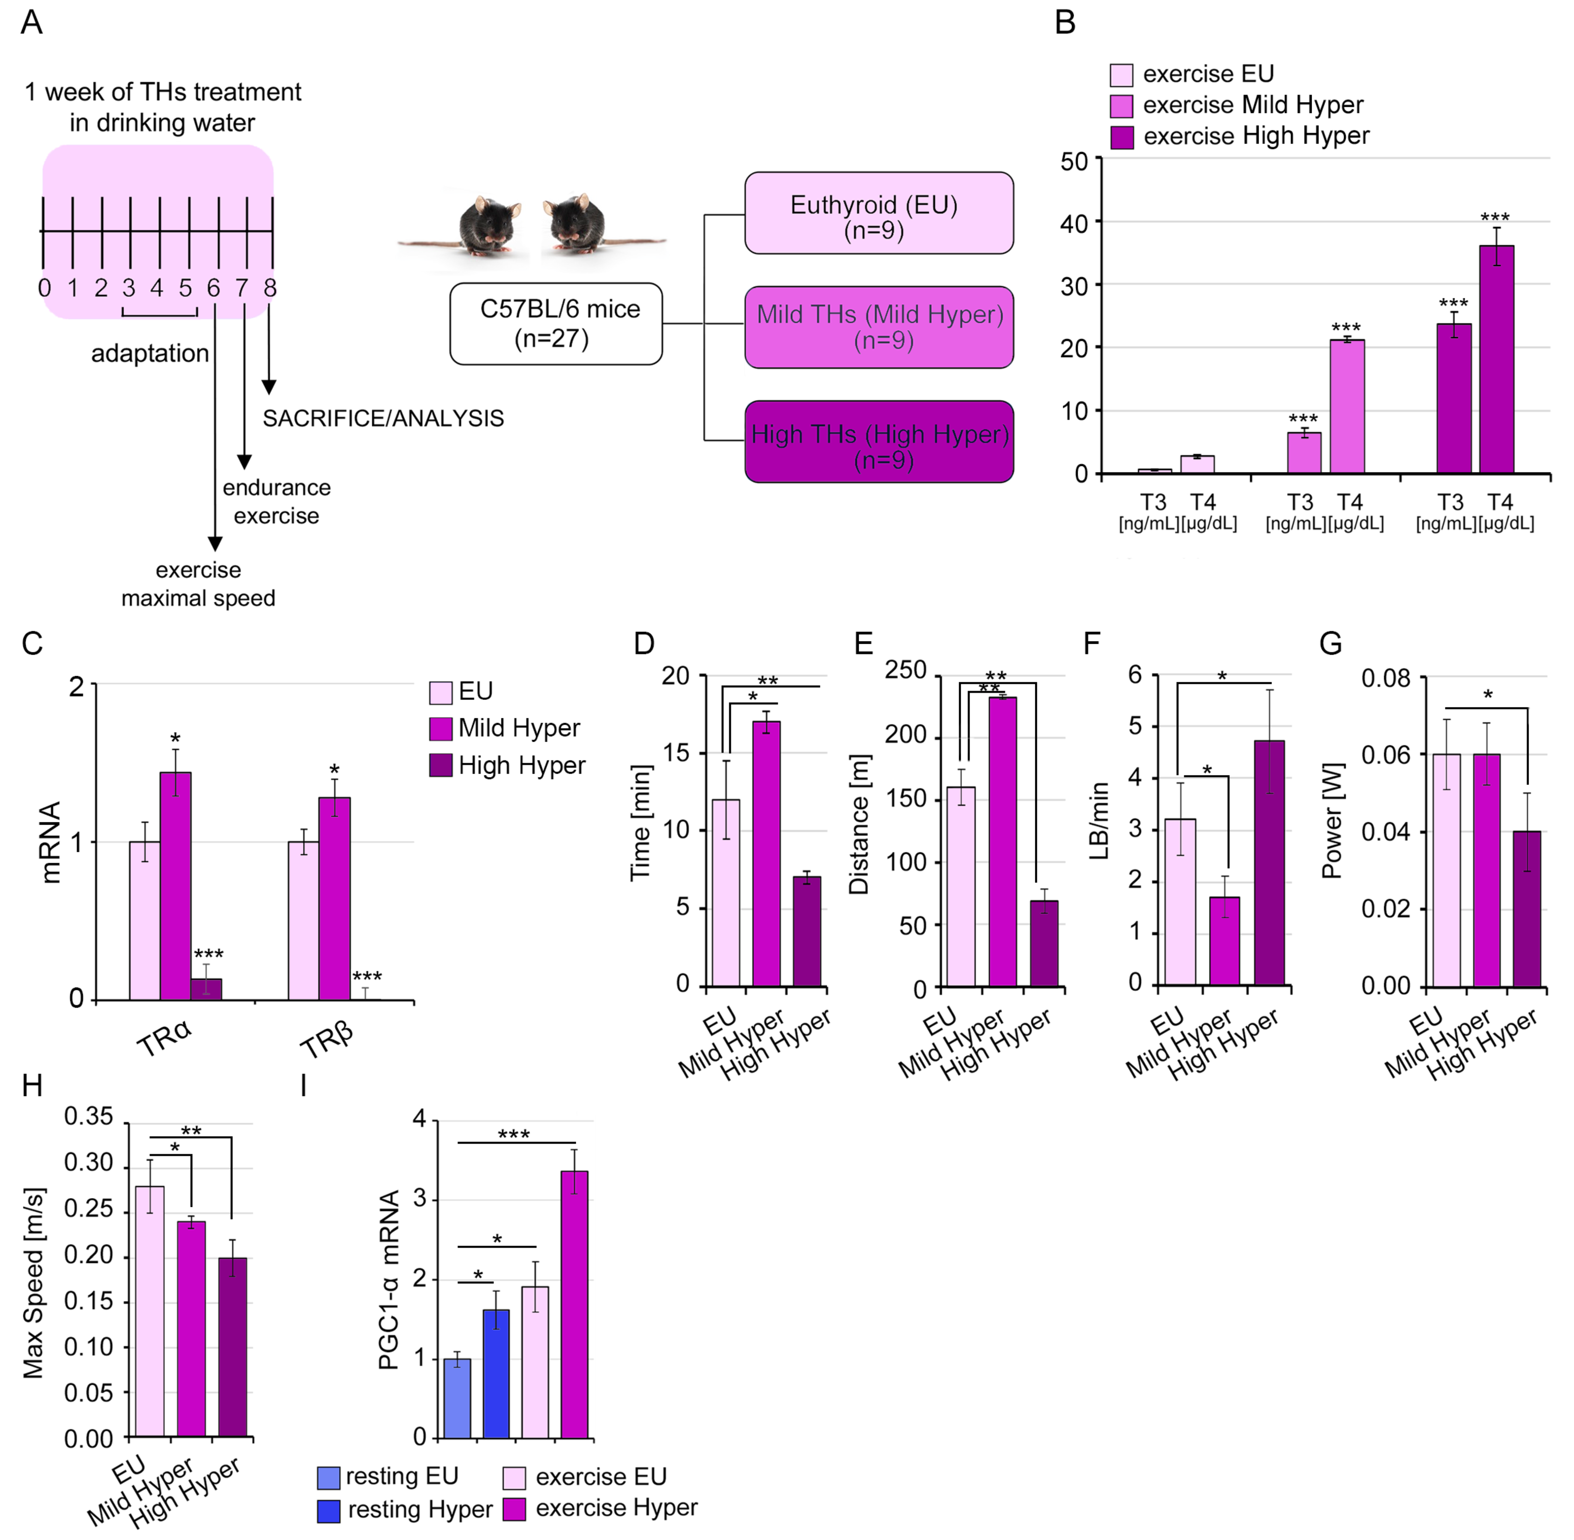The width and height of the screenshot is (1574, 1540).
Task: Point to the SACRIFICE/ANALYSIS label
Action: click(383, 418)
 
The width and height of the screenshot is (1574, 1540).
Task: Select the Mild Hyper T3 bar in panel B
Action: click(1304, 453)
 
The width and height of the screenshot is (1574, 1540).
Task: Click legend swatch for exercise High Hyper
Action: click(1122, 137)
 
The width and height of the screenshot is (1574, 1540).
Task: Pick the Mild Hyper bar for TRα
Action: click(175, 886)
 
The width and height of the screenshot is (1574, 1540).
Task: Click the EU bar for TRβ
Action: click(303, 921)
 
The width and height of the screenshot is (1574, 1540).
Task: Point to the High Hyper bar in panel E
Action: click(1044, 943)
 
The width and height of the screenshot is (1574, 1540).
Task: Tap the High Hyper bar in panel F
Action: click(1269, 862)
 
